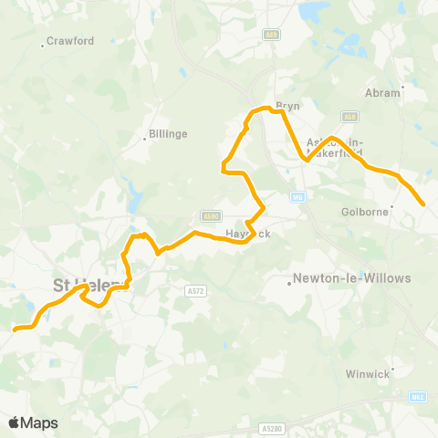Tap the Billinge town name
(x=167, y=133)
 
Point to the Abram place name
(x=381, y=92)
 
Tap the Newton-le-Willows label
(x=351, y=277)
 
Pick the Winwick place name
(x=369, y=373)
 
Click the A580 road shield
(x=212, y=216)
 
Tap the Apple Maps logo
(x=33, y=422)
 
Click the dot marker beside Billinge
(x=145, y=140)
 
